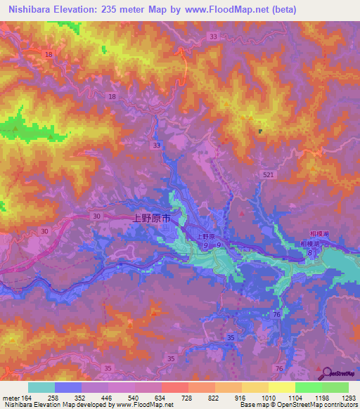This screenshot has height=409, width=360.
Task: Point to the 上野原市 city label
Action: (152, 219)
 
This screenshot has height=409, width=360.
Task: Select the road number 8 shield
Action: (309, 261)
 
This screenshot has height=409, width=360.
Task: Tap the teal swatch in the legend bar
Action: (41, 387)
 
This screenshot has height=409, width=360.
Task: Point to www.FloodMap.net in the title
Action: (222, 10)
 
